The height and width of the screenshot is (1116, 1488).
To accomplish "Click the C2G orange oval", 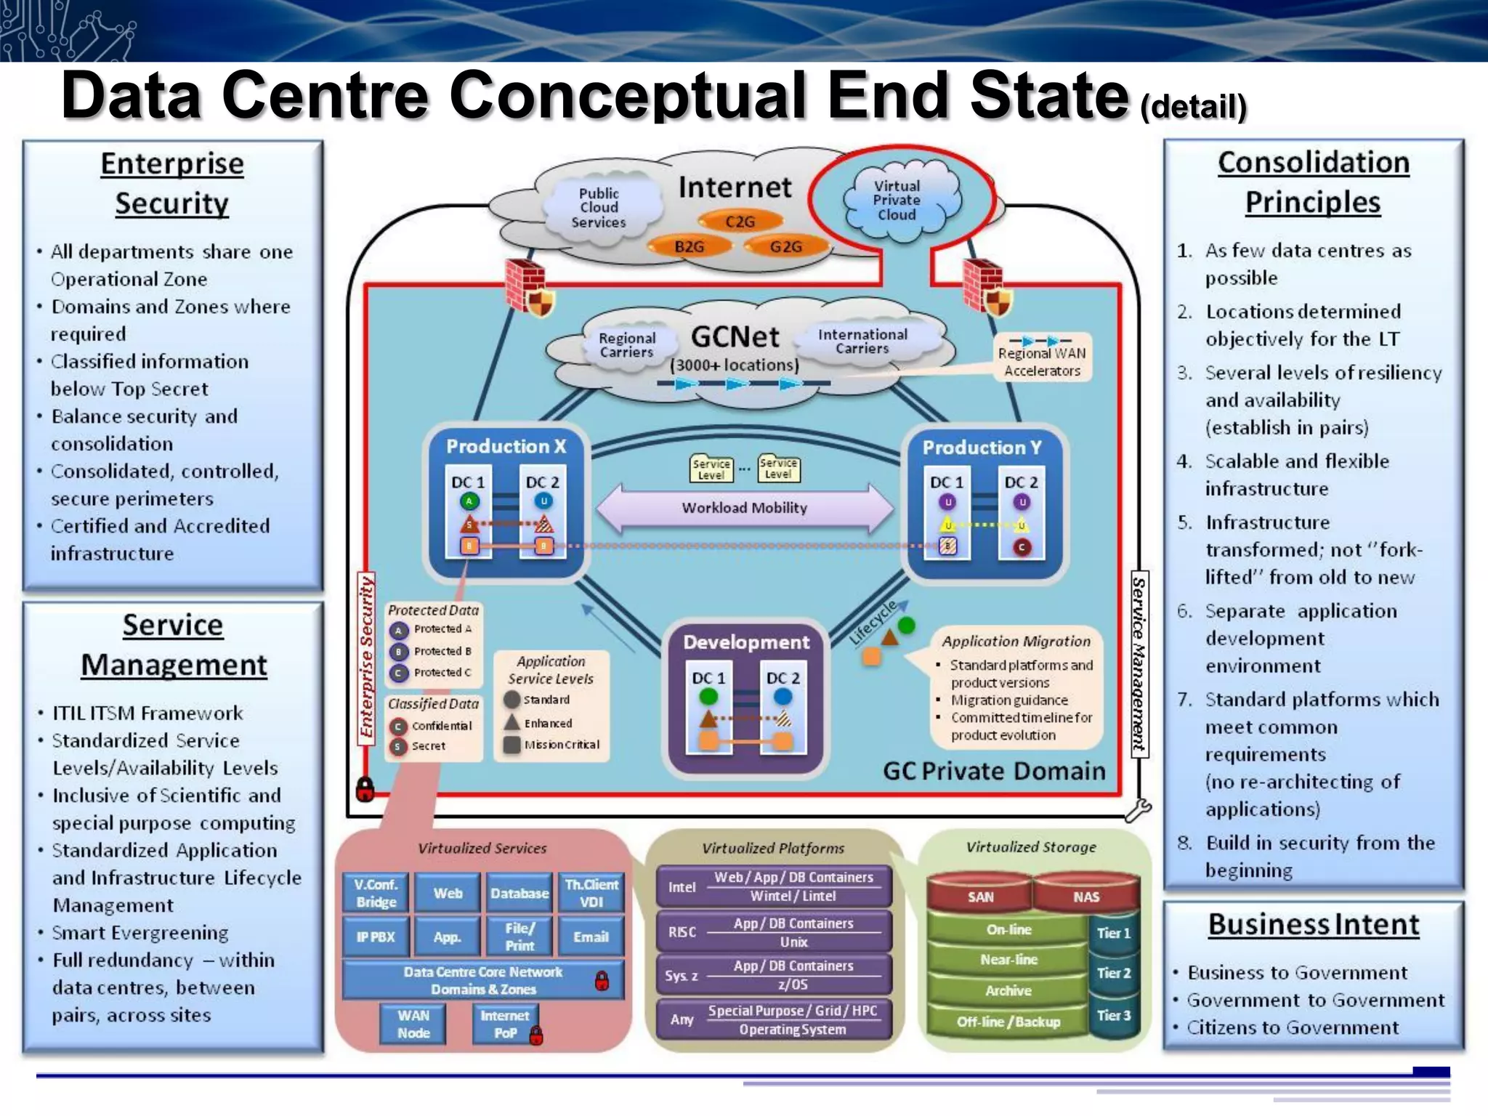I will [740, 222].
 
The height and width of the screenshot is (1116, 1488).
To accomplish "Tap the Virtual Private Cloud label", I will [897, 201].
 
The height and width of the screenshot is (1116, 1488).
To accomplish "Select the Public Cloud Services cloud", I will [599, 208].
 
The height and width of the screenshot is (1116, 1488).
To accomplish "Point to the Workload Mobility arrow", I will [744, 508].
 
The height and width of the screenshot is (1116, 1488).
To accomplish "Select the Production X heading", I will [506, 446].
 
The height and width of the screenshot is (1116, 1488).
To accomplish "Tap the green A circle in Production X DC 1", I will [469, 501].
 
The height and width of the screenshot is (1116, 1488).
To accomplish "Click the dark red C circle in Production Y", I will [1022, 547].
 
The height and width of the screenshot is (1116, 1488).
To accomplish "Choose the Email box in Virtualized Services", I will [591, 937].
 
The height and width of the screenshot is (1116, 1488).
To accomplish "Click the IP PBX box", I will [376, 937].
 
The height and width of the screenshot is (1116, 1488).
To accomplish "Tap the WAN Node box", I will [413, 1024].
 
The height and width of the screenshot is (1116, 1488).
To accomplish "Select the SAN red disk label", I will [980, 897].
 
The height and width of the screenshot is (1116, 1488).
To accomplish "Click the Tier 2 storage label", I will [1113, 973].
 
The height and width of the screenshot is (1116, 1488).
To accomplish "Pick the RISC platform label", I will [682, 932].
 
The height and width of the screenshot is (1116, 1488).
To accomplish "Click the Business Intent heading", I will [1313, 925].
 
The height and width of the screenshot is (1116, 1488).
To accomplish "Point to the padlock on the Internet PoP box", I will [536, 1035].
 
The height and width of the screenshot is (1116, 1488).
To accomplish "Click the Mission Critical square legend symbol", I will [512, 745].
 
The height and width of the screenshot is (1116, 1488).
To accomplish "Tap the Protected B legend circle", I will [398, 652].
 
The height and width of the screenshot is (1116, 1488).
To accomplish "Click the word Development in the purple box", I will [745, 642].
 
